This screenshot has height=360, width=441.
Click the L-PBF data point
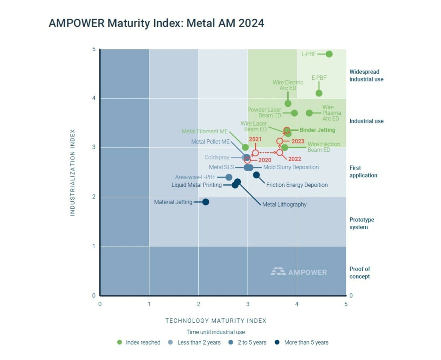(329, 54)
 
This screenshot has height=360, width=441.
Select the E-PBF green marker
(319, 93)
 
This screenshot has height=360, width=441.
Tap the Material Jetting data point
(206, 202)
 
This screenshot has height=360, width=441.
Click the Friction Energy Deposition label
(297, 185)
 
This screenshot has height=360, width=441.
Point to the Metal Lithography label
(284, 204)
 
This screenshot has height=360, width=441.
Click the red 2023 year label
(298, 141)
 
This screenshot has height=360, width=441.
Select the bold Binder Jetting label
(317, 130)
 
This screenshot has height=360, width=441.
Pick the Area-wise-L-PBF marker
(229, 177)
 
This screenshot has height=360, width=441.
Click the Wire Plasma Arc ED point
(309, 113)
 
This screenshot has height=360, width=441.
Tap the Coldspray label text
(217, 158)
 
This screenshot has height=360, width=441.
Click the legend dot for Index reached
(119, 342)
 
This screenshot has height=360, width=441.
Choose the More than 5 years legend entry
(301, 342)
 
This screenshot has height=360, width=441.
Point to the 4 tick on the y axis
(94, 99)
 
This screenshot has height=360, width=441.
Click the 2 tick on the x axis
(198, 304)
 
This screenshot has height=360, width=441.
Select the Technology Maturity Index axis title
(216, 321)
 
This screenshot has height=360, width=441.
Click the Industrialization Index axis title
(72, 172)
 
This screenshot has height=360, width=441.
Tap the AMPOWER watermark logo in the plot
(298, 272)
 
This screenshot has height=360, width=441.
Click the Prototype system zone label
(361, 223)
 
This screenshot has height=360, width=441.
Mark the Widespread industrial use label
(366, 75)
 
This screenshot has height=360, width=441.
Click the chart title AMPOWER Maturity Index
(156, 23)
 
